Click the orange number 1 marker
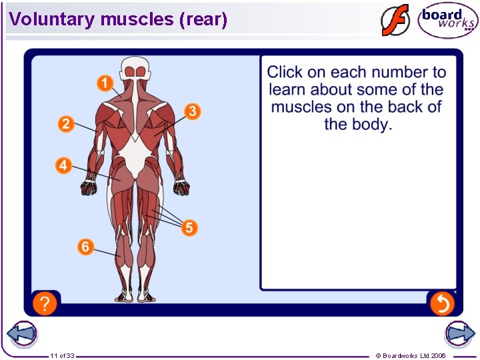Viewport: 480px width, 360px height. [x=104, y=83]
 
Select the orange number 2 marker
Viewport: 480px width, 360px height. [x=66, y=123]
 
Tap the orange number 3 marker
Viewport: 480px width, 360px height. [x=192, y=111]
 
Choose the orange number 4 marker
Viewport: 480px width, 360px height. [x=64, y=165]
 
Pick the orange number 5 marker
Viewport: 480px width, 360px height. [x=189, y=228]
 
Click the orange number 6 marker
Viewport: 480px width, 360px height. [x=85, y=247]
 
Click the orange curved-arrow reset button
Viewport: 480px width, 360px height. [x=441, y=304]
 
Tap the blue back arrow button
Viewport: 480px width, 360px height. [x=21, y=334]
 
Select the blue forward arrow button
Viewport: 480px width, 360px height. [x=460, y=334]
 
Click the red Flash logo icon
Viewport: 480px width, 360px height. [x=395, y=20]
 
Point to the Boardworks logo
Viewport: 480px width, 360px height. [x=448, y=21]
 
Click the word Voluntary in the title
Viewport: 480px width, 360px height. [x=52, y=19]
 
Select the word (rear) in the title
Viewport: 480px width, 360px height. [x=203, y=19]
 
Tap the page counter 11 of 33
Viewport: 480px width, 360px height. [x=62, y=355]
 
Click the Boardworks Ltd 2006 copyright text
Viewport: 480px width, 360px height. [x=411, y=355]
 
